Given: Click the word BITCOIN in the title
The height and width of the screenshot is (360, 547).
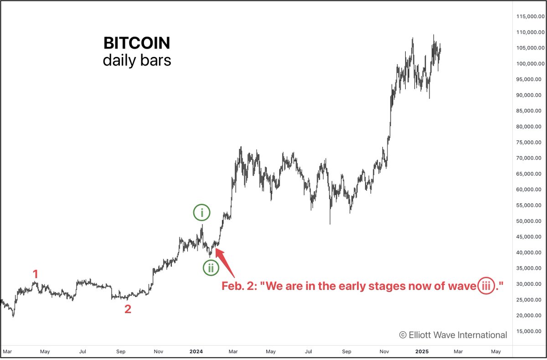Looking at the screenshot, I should coord(137,43).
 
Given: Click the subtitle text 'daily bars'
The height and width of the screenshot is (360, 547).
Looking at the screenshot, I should coord(137,60).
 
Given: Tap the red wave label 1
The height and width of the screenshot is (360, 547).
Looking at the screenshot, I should coord(36,274).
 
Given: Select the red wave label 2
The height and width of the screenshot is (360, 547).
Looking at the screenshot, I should coord(128,309).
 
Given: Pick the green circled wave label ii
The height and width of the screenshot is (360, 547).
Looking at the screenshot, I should coord(211,268).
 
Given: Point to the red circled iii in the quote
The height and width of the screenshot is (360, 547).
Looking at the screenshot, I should coord(487,286).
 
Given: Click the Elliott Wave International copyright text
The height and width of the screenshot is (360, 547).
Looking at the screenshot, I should coord(453,335).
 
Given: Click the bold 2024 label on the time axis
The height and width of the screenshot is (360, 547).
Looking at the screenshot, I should coord(196,352).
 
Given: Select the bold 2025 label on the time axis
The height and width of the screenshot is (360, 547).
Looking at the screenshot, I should coord(422,352).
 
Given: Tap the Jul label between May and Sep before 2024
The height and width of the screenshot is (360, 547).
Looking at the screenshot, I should coord(83,352).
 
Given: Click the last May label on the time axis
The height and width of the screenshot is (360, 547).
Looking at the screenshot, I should coord(496,352).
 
